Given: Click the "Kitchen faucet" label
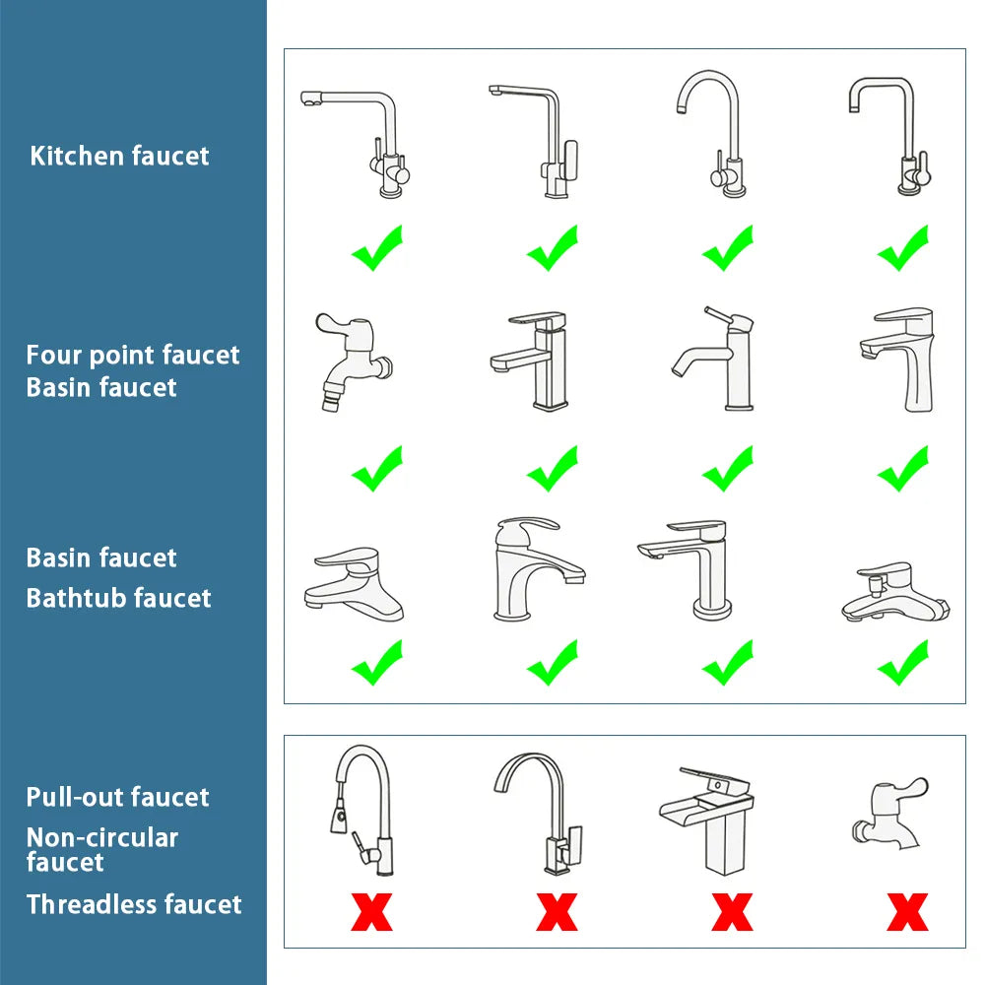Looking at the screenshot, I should click(119, 156).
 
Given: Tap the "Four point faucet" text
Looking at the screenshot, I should click(133, 355).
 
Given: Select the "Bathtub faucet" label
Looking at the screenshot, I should click(118, 598).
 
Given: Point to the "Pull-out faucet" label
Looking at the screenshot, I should click(117, 797).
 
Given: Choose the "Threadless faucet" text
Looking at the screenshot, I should click(133, 904).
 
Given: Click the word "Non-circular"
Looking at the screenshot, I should click(102, 838).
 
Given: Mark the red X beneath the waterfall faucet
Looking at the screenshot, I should click(731, 912).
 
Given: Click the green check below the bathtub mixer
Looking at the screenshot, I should click(903, 663).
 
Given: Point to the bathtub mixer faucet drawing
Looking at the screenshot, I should click(894, 594).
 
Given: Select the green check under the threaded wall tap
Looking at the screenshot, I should click(376, 469).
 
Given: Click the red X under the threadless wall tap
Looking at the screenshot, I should click(906, 912).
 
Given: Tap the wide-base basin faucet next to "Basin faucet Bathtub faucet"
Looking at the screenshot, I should click(354, 586).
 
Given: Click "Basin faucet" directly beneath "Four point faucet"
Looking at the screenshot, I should click(101, 387).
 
